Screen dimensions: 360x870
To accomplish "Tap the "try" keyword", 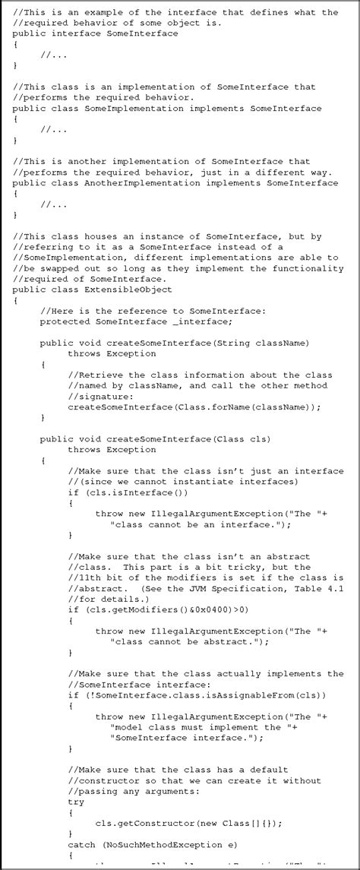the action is coord(76,801).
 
